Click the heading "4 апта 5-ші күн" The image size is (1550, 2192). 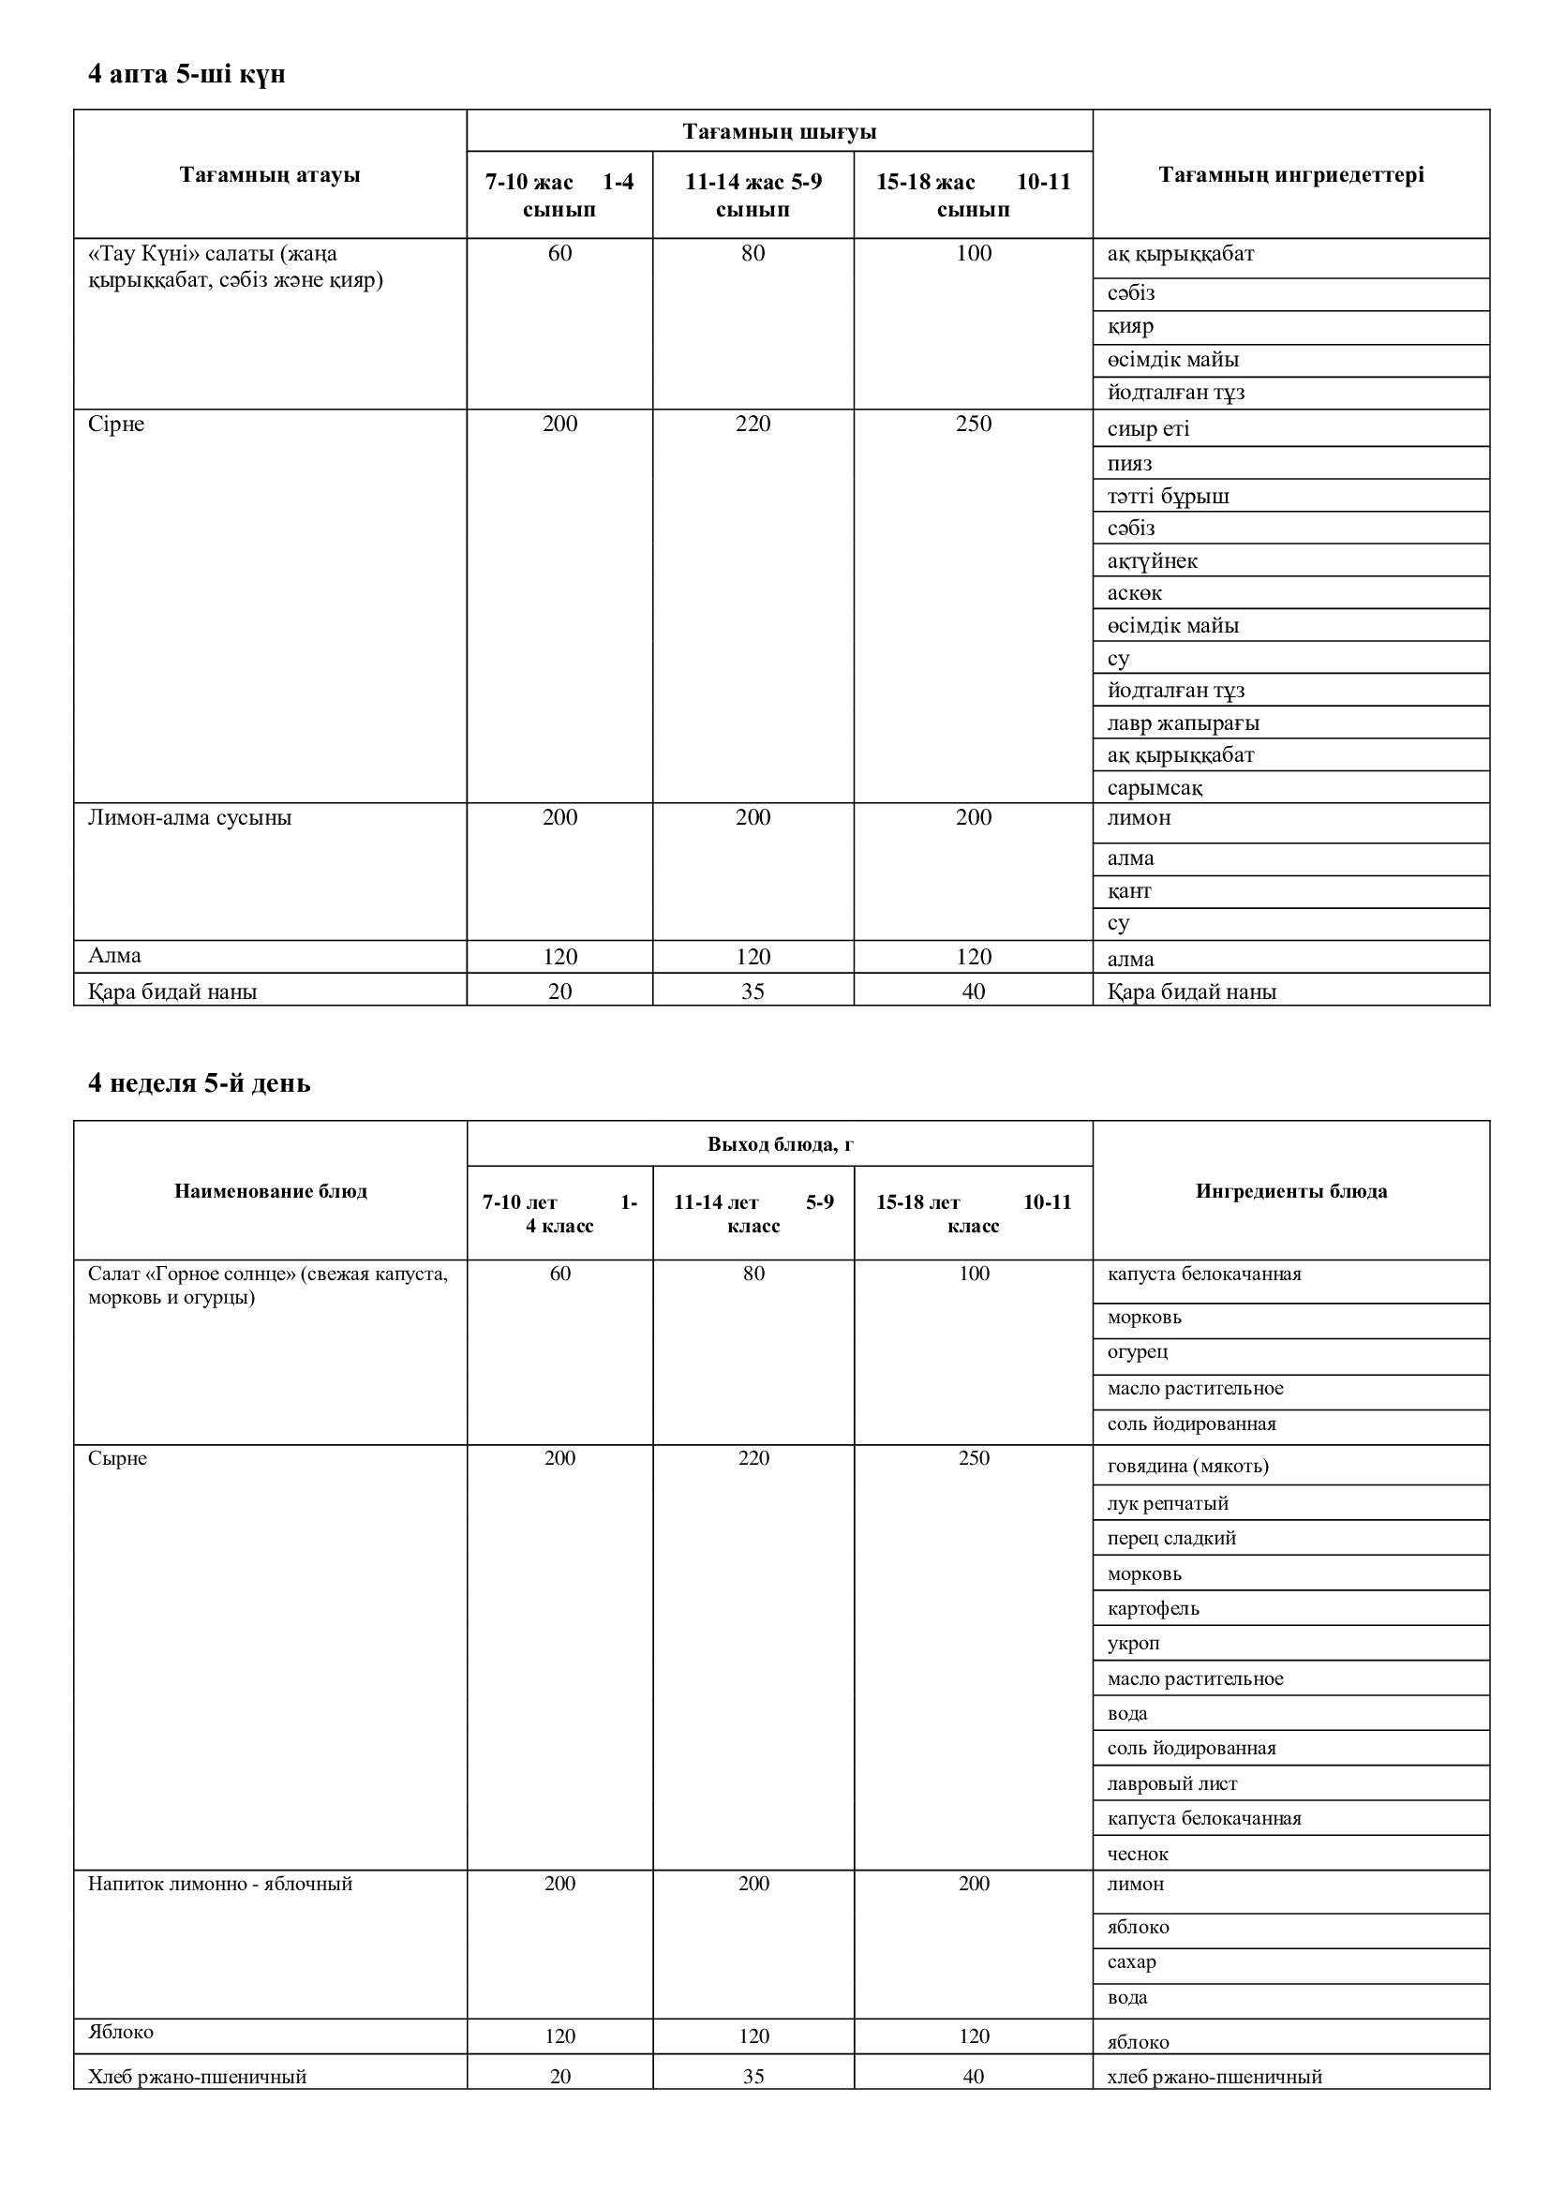pos(186,74)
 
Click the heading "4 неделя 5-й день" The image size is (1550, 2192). pos(199,1083)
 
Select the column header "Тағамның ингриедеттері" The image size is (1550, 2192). pos(1290,174)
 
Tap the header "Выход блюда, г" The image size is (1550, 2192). pos(780,1143)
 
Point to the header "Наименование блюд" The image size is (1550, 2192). pos(270,1190)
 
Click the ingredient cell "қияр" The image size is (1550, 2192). pos(1130,326)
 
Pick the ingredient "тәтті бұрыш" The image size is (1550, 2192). pos(1168,497)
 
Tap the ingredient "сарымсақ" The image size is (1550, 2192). pos(1154,788)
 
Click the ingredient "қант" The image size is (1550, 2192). pos(1129,890)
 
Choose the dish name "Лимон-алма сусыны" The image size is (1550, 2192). pos(190,818)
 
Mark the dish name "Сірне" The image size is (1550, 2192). pos(116,424)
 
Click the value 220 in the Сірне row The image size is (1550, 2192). pos(753,424)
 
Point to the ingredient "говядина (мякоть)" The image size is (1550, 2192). pos(1187,1466)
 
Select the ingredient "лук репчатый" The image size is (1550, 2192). pos(1168,1503)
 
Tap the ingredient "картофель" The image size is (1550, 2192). pos(1153,1609)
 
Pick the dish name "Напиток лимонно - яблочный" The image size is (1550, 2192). pos(220,1884)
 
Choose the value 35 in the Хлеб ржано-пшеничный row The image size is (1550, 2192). pos(753,2077)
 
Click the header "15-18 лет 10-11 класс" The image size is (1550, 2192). pos(973,1214)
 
